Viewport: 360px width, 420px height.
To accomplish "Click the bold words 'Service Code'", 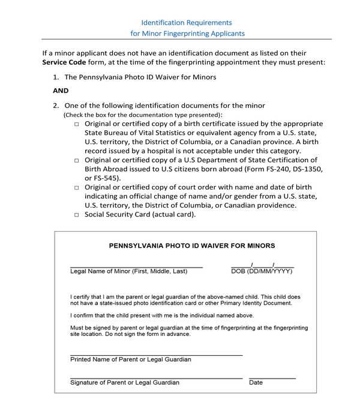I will [64, 62].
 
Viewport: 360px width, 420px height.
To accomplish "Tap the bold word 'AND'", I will [61, 91].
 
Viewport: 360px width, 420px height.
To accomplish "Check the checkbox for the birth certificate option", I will [77, 124].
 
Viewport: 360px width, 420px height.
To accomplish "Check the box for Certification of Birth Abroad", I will [77, 161].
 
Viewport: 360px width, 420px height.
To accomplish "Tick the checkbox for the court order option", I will [77, 188].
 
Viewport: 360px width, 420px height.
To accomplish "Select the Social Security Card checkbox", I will [77, 215].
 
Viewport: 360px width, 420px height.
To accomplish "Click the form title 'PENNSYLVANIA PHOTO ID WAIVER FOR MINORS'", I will [192, 246].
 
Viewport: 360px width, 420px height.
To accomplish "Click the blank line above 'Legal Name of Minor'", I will [136, 266].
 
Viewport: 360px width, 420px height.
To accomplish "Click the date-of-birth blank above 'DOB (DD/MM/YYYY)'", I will [262, 266].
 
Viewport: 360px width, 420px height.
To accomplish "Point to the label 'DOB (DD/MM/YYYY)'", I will [262, 272].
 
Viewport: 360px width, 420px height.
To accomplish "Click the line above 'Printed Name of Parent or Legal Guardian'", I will [156, 355].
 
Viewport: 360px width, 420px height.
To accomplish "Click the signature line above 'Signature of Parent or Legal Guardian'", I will [156, 378].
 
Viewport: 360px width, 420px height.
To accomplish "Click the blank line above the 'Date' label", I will [272, 378].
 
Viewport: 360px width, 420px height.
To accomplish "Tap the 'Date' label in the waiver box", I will [256, 383].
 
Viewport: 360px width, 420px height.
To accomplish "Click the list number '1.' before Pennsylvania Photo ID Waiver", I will [56, 77].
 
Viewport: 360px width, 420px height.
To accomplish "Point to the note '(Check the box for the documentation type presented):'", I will [143, 115].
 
